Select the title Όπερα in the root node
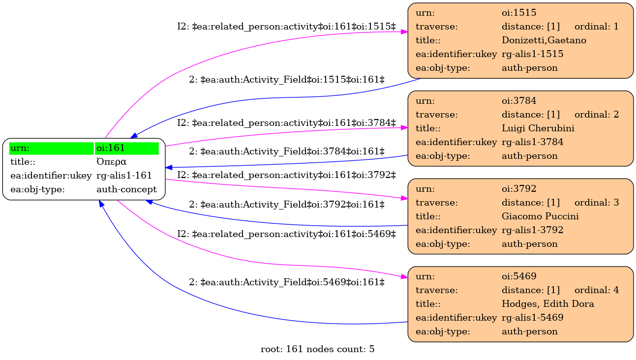[111, 162]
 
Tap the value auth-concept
[126, 189]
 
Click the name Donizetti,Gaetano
[544, 40]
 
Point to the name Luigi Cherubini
[538, 128]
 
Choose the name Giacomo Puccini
[540, 216]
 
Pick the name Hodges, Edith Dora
[547, 304]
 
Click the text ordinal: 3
[597, 203]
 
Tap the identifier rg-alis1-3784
[532, 142]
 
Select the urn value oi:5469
[519, 276]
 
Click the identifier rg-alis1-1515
[532, 54]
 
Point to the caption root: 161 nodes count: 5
[317, 349]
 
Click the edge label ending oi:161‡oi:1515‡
[286, 27]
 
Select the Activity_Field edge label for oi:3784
[287, 151]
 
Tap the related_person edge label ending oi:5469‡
[286, 234]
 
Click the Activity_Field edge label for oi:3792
[287, 205]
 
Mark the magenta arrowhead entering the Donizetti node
[404, 32]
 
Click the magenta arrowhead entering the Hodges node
[404, 277]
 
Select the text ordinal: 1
[597, 27]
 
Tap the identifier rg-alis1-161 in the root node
[124, 176]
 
